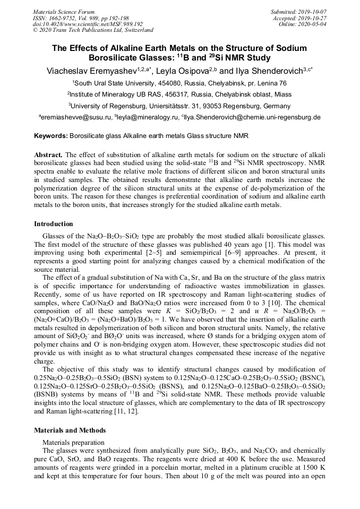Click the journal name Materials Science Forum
click(64, 12)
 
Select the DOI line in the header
click(88, 24)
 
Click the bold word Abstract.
click(48, 154)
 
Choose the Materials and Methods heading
click(70, 430)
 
